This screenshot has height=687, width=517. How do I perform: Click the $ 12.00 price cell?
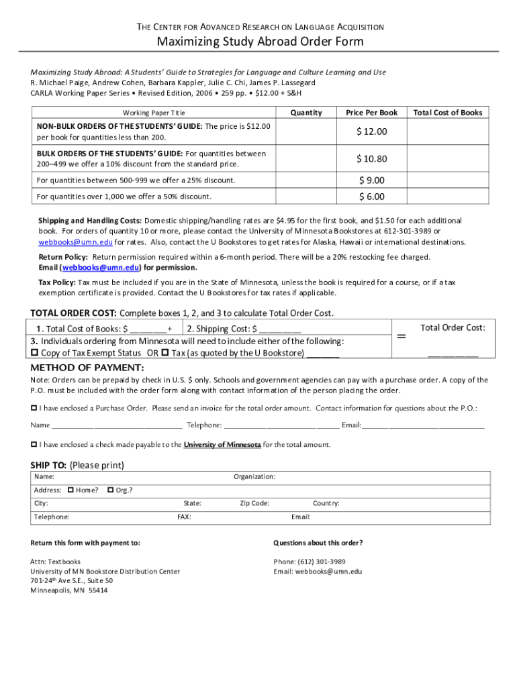[372, 131]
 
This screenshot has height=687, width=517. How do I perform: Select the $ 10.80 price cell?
[372, 159]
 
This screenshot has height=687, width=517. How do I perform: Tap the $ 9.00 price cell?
[372, 180]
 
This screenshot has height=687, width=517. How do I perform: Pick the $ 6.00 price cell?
[372, 197]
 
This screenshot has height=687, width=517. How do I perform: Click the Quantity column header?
[305, 113]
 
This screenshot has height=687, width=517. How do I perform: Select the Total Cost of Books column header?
[448, 113]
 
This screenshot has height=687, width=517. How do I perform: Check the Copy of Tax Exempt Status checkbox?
[35, 353]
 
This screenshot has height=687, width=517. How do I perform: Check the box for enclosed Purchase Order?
[34, 408]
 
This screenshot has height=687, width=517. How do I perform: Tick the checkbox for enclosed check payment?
[34, 444]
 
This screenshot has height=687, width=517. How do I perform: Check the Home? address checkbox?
[71, 490]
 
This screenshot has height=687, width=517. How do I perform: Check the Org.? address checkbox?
[111, 490]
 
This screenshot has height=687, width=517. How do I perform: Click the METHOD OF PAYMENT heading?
[87, 368]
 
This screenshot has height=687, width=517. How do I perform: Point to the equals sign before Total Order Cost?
[401, 337]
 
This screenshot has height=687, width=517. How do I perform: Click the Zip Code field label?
[254, 503]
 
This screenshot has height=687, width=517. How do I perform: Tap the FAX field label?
[184, 517]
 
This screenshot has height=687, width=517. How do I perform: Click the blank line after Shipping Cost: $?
[279, 329]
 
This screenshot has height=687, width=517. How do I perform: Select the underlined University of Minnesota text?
[222, 444]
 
